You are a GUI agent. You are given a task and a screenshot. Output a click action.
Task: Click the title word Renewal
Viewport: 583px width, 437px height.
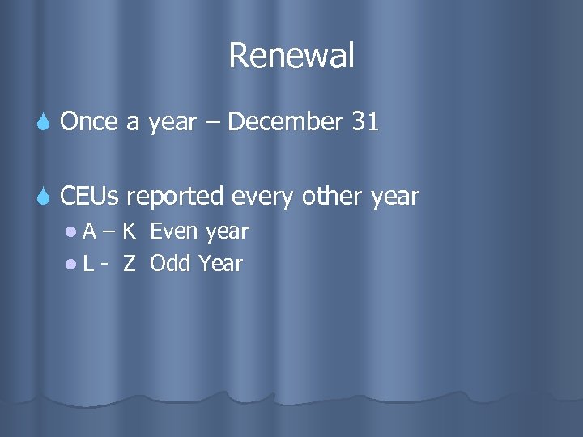pyautogui.click(x=291, y=56)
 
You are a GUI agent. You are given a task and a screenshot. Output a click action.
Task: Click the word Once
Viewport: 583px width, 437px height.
pyautogui.click(x=87, y=122)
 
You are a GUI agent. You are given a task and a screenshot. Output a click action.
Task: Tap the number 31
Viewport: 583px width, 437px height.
pyautogui.click(x=365, y=122)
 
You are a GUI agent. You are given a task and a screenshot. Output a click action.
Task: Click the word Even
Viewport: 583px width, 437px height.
pyautogui.click(x=175, y=231)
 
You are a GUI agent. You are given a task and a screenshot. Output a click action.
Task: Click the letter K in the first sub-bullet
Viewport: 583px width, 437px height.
pyautogui.click(x=130, y=231)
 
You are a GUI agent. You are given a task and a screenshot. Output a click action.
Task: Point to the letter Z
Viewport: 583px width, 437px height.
pyautogui.click(x=129, y=263)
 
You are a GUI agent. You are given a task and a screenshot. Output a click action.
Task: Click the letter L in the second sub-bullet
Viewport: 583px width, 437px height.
pyautogui.click(x=87, y=263)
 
